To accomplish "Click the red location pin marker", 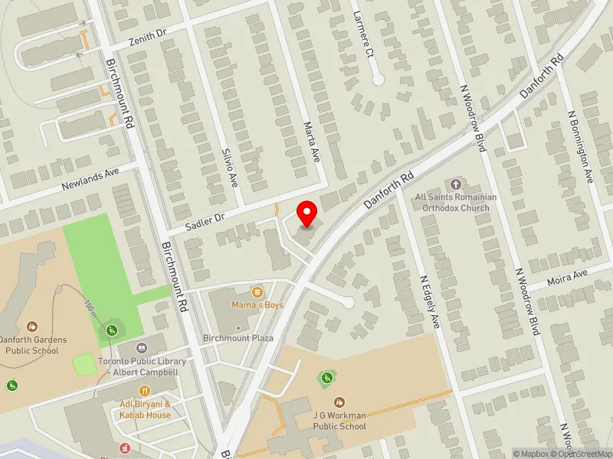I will point(307,214).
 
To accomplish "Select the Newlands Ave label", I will point(91,180).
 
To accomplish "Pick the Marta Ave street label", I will point(311,142).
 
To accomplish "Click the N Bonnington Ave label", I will point(581,145).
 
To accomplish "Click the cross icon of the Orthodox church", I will point(457,184).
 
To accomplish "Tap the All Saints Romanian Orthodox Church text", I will point(456,202).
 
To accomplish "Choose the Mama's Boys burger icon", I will point(257,291).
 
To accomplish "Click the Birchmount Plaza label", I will point(238,338).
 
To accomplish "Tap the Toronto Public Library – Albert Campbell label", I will point(138,366).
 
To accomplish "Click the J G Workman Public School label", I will point(339,422).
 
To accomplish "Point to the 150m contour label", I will point(90,307).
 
